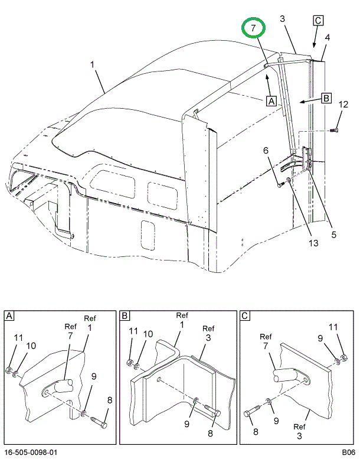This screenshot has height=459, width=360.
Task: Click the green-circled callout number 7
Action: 253,28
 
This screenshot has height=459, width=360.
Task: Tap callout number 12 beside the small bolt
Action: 342,105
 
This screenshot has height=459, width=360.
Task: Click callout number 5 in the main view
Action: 333,234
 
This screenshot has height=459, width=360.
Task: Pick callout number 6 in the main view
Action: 266,150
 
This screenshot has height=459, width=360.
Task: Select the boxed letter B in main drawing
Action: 325,98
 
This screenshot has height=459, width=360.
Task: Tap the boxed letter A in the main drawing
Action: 271,100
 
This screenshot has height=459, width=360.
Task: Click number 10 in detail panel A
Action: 31,346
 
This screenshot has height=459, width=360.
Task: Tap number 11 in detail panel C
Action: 334,327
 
